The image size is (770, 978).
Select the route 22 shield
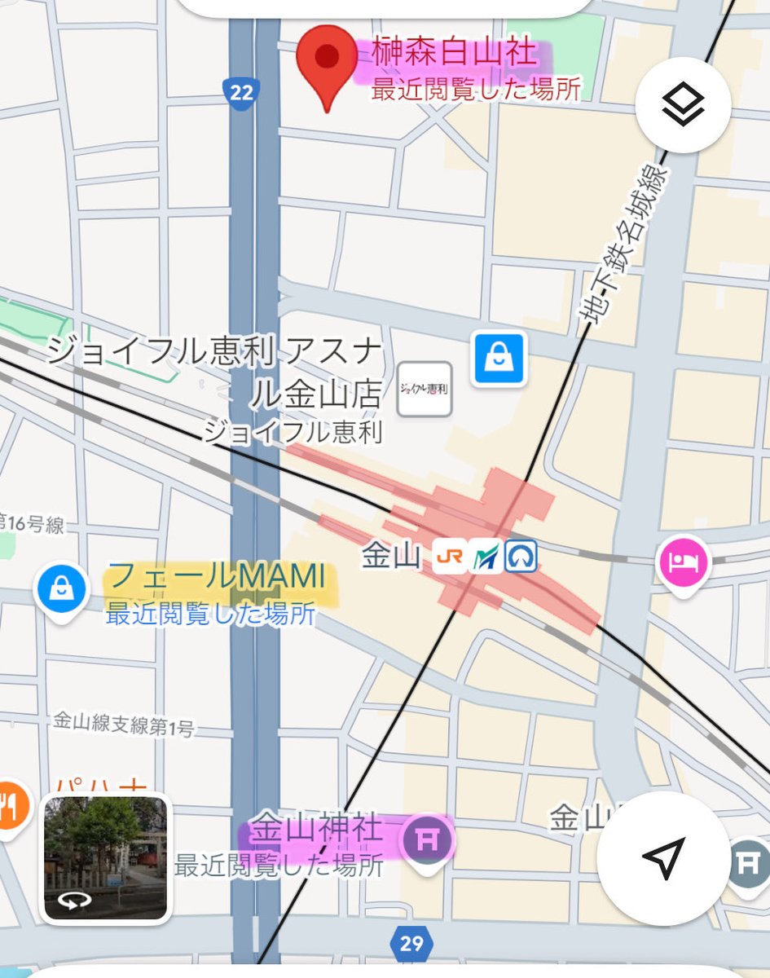[241, 91]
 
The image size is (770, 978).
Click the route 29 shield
[411, 944]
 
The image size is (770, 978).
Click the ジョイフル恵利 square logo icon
[424, 389]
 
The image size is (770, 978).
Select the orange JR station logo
[450, 557]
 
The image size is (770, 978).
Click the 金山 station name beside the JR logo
[391, 557]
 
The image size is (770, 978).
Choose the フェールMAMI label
[216, 577]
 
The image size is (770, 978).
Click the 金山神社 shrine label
[315, 830]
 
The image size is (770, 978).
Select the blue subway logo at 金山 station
[520, 557]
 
